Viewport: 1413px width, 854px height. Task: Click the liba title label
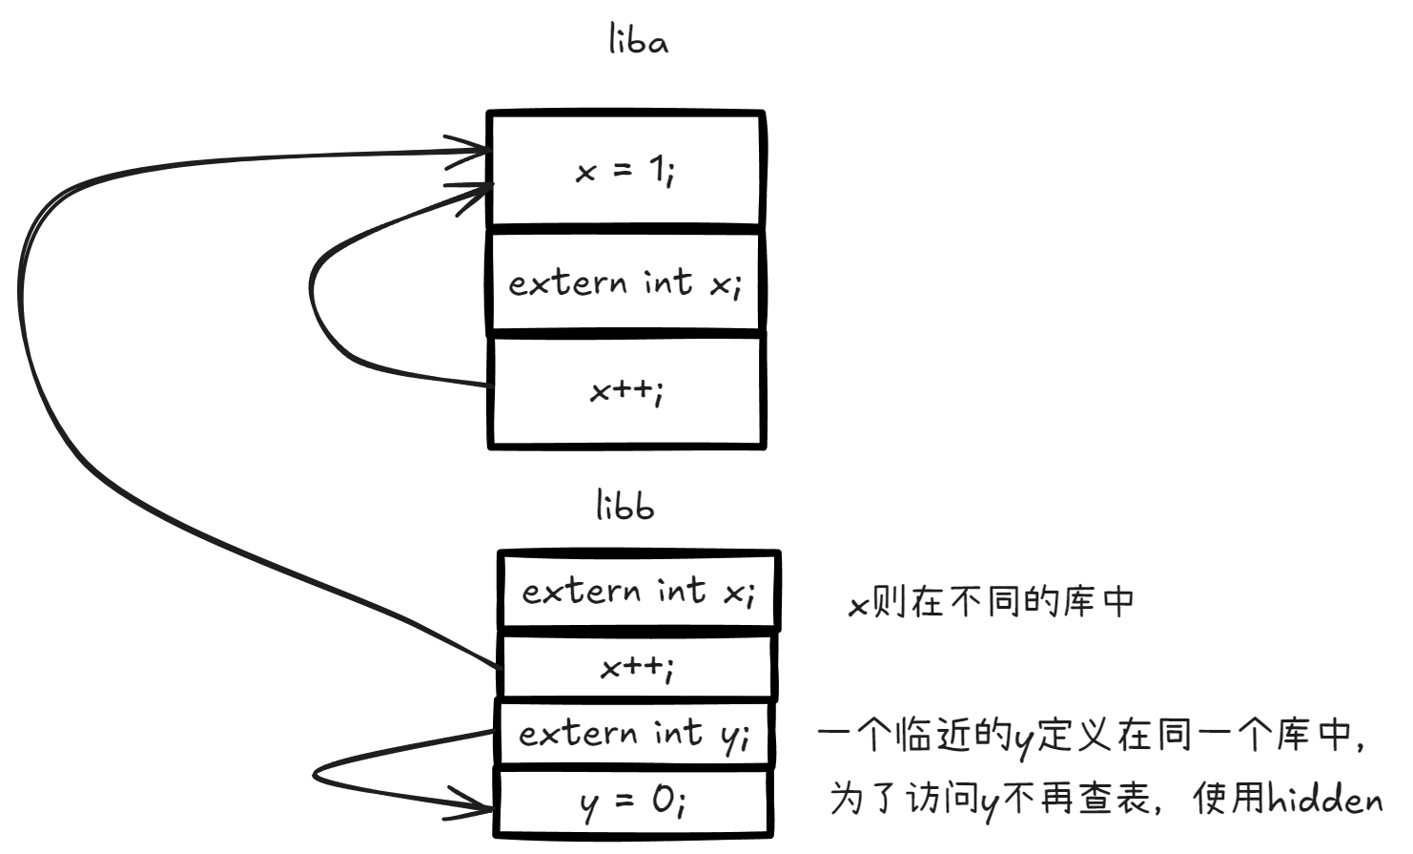638,40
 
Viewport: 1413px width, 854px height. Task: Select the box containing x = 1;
625,170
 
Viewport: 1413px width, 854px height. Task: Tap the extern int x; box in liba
625,282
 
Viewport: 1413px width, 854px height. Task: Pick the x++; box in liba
625,390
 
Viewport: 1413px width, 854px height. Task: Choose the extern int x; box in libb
638,592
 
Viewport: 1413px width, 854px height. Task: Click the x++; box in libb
637,667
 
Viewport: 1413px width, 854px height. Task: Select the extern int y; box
633,733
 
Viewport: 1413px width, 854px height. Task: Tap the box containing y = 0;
633,802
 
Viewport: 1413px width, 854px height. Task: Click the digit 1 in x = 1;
657,169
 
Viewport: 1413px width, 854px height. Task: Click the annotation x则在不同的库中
992,601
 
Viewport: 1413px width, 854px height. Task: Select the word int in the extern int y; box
677,732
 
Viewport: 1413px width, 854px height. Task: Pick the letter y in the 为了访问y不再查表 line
991,802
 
